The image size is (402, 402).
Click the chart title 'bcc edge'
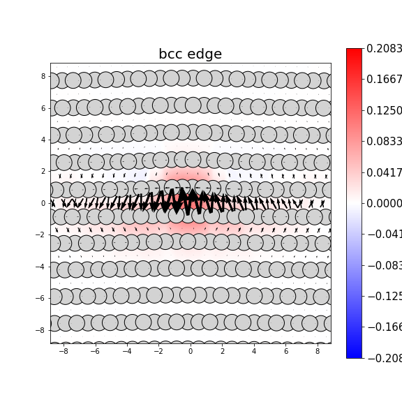(x=190, y=54)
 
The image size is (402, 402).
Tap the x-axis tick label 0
(x=190, y=351)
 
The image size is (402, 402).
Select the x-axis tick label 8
(x=318, y=351)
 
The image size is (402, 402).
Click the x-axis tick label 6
(x=285, y=351)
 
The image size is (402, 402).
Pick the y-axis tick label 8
(x=43, y=76)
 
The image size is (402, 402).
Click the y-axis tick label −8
(x=40, y=330)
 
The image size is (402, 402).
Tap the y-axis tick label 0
(x=43, y=203)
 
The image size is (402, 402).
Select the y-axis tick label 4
(x=43, y=140)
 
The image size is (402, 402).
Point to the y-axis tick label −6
(x=40, y=298)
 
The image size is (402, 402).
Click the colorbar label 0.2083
(x=384, y=49)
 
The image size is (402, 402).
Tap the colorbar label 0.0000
(x=384, y=203)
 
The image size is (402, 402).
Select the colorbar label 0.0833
(x=384, y=142)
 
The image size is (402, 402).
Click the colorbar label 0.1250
(x=384, y=110)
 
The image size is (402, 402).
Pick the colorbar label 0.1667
(x=384, y=80)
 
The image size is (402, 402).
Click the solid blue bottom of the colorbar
(x=354, y=353)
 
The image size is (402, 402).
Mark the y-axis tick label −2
(x=40, y=234)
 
